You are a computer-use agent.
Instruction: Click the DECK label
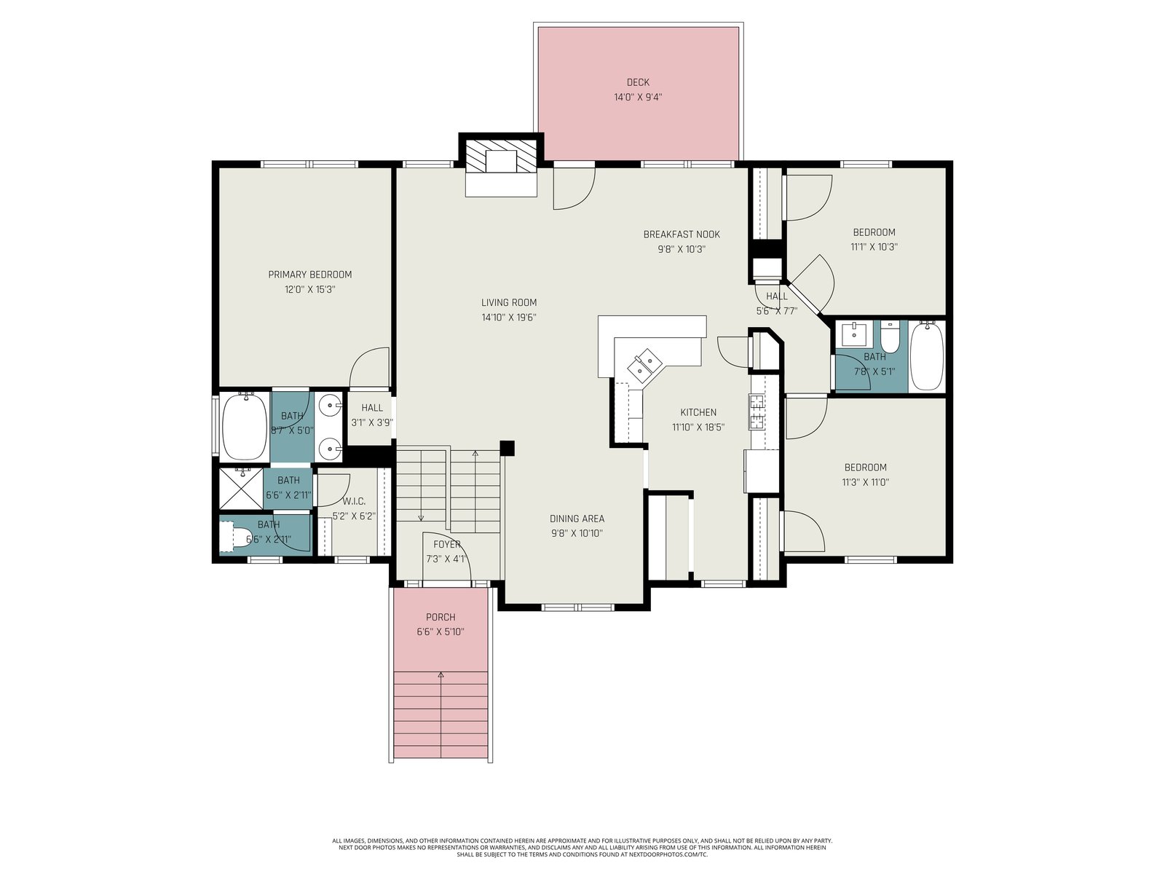click(x=637, y=82)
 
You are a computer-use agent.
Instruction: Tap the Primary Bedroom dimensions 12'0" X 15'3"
click(x=310, y=290)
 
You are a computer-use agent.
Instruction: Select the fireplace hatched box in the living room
click(x=501, y=155)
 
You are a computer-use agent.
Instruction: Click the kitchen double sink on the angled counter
click(x=643, y=364)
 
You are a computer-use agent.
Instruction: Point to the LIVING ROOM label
click(x=509, y=303)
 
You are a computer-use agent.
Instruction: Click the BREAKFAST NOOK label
click(x=682, y=235)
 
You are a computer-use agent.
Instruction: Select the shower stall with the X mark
click(x=242, y=487)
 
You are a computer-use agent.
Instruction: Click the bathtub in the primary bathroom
click(x=245, y=426)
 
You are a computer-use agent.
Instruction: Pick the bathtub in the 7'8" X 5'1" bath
click(x=927, y=356)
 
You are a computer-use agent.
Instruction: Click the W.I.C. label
click(x=353, y=502)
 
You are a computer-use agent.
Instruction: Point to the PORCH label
click(x=441, y=617)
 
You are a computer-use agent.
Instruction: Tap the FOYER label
click(x=446, y=545)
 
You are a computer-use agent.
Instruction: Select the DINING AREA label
click(x=577, y=519)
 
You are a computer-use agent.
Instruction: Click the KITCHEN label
click(x=698, y=412)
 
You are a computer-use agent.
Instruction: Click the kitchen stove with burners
click(x=757, y=412)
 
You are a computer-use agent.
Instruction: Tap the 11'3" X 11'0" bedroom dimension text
click(x=866, y=482)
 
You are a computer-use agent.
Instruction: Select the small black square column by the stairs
click(x=508, y=448)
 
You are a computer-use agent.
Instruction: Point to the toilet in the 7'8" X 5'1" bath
click(x=889, y=336)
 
